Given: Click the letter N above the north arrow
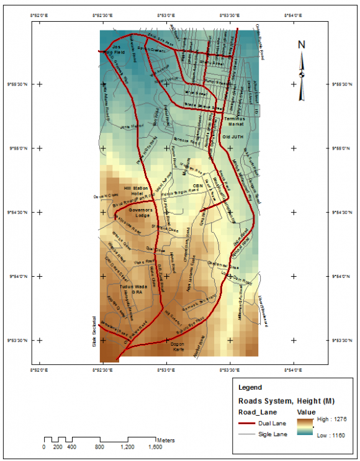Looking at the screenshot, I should coord(302,45).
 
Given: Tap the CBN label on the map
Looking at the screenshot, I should coord(199,185).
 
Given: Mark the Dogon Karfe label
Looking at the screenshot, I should coord(187,346).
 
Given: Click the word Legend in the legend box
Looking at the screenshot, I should coord(250,387).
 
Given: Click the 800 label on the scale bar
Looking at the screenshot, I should coord(100,446).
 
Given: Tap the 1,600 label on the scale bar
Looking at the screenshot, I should coord(155,446).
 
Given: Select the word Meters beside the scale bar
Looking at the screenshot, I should coord(166,439).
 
